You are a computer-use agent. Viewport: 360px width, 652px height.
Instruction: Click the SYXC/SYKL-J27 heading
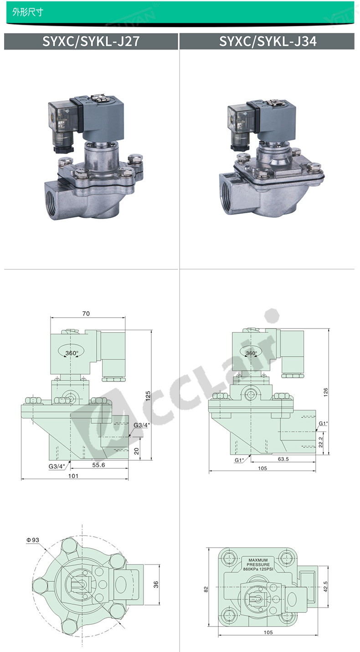[91, 41]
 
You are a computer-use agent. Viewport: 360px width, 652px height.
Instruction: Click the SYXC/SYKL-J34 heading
[268, 41]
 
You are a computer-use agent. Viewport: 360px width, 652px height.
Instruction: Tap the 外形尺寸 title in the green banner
[28, 12]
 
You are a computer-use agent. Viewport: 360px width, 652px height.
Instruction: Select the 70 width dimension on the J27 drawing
[86, 313]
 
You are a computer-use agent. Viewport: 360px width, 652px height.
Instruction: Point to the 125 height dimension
[148, 396]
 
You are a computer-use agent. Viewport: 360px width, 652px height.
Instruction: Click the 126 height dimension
[325, 392]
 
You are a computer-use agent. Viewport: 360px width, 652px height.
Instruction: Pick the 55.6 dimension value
[98, 465]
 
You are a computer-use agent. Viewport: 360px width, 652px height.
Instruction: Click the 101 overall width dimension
[73, 476]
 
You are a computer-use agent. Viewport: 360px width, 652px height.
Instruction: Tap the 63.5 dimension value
[283, 459]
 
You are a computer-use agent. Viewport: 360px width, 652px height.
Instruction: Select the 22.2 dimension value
[321, 442]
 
